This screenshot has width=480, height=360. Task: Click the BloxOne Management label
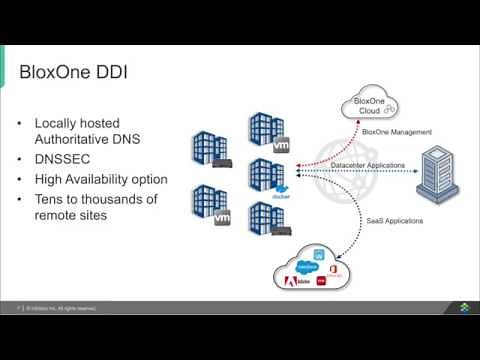pyautogui.click(x=398, y=131)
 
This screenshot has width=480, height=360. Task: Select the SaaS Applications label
pyautogui.click(x=383, y=220)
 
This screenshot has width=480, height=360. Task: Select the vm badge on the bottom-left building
pyautogui.click(x=223, y=217)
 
